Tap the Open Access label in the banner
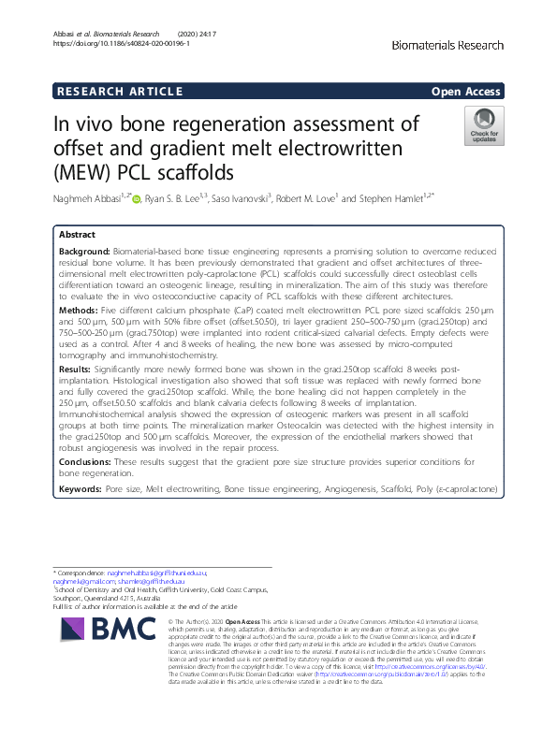(x=467, y=91)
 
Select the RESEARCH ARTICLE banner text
(x=119, y=91)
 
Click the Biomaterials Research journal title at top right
(x=447, y=45)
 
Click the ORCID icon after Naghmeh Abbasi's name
(x=137, y=199)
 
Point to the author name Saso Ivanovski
(x=238, y=198)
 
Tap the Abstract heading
(x=77, y=235)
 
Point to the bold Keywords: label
(x=81, y=489)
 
